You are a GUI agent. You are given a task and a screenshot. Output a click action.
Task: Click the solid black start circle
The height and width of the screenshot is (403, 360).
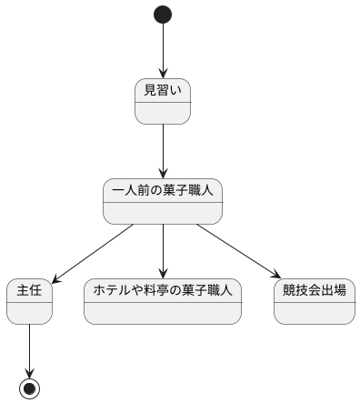[163, 15]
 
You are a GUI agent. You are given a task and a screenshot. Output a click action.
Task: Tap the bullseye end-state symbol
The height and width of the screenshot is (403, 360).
[30, 388]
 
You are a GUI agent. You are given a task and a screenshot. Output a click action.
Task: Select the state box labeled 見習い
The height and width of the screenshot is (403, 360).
[163, 101]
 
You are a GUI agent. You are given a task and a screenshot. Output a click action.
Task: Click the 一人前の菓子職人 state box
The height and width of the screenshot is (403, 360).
[163, 201]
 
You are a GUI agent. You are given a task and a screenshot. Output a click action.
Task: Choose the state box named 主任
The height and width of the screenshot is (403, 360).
[30, 301]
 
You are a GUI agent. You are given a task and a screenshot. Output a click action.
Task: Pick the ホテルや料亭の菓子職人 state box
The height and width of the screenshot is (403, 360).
[163, 301]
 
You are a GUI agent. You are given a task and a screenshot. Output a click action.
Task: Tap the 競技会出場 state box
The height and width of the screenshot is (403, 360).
[314, 301]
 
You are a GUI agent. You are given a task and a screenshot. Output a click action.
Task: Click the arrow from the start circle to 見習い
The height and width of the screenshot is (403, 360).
[163, 50]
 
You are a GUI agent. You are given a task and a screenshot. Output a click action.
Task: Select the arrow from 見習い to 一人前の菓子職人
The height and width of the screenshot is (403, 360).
[163, 150]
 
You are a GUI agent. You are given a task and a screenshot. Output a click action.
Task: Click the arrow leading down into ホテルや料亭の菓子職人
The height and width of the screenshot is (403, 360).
[163, 250]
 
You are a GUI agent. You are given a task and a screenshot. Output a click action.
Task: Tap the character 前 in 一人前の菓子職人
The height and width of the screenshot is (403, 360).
[145, 191]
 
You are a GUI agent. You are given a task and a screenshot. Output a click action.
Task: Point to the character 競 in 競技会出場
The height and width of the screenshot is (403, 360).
[289, 291]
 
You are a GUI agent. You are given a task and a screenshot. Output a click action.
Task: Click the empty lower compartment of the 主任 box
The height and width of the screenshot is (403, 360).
[30, 312]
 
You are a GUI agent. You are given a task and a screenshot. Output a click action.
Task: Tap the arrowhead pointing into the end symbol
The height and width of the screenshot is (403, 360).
[30, 373]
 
